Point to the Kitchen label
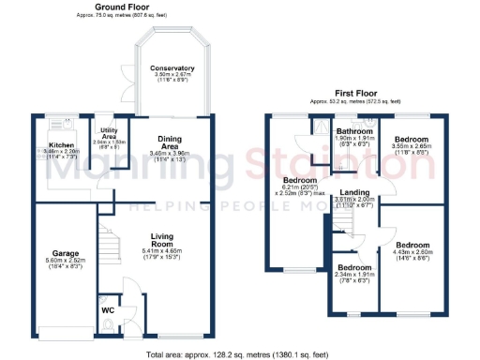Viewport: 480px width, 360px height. pos(62,145)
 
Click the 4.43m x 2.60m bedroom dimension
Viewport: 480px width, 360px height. pos(421,251)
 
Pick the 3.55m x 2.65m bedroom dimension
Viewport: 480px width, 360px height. pos(411,146)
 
